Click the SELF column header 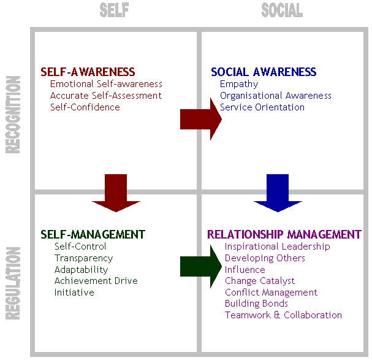point(114,10)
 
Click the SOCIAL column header point(282,10)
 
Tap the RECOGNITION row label point(13,114)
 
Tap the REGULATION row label point(13,283)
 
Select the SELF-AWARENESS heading point(88,72)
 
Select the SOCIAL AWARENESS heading point(264,72)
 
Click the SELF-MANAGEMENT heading point(93,234)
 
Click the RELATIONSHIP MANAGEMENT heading point(284,234)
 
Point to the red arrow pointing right point(200,119)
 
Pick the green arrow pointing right point(200,266)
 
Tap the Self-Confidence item point(85,107)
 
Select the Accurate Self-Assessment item point(106,96)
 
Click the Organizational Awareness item point(276,96)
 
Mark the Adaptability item point(82,270)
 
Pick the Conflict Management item point(271,293)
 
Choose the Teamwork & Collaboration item point(283,315)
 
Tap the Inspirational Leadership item point(277,247)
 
